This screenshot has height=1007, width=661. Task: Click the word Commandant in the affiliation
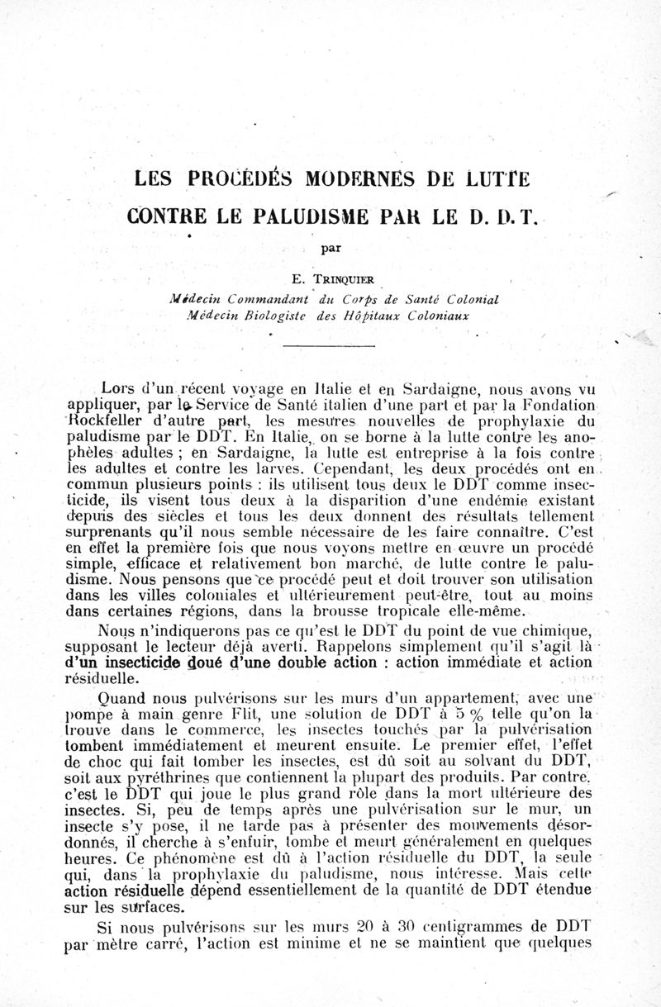(x=262, y=298)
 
